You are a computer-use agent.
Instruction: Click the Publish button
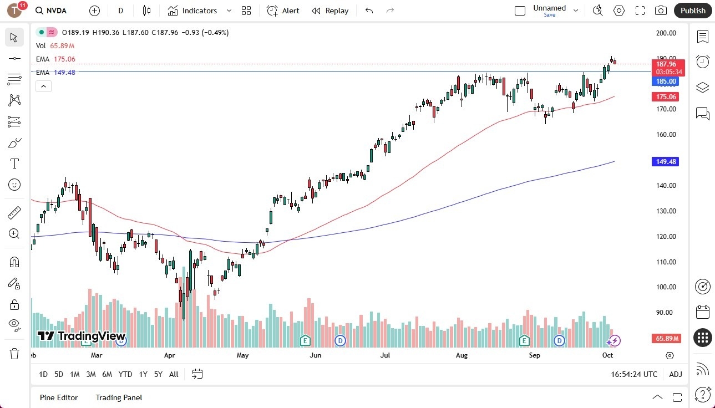coord(693,11)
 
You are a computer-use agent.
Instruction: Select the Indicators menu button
coord(192,11)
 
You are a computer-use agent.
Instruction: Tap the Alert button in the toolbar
coord(283,11)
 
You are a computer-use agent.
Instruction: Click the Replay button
coord(330,11)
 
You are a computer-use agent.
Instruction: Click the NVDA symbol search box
coord(55,11)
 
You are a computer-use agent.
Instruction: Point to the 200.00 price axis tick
coord(666,33)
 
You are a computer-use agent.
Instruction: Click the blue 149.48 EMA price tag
coord(666,162)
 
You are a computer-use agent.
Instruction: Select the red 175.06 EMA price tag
coord(666,97)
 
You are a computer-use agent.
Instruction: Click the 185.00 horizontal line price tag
coord(666,81)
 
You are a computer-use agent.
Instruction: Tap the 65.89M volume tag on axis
coord(668,338)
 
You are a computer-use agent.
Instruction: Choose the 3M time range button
coord(91,374)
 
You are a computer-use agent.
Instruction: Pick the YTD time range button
coord(125,374)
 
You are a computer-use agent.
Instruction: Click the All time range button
coord(174,374)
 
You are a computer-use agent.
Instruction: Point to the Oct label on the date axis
coord(607,355)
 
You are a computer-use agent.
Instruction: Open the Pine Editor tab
coord(59,397)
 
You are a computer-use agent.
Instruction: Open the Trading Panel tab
coord(119,397)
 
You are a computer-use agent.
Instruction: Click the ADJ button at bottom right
coord(676,374)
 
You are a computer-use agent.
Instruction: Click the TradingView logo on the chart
coord(82,336)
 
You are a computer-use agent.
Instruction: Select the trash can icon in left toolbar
coord(14,353)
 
